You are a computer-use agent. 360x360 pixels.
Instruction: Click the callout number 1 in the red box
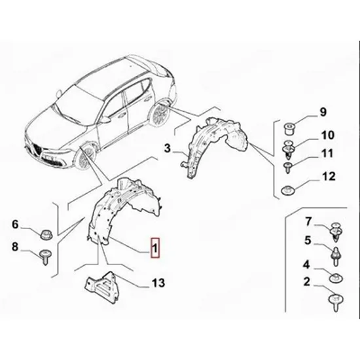click(x=155, y=248)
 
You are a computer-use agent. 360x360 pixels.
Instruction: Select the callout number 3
click(x=168, y=149)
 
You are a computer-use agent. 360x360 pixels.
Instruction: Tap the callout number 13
click(x=158, y=283)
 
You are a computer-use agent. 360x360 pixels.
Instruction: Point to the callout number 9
click(x=323, y=113)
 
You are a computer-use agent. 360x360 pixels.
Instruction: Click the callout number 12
click(x=329, y=176)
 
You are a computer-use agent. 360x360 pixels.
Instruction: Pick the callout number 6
click(x=15, y=224)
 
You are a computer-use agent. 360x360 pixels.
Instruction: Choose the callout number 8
click(x=15, y=247)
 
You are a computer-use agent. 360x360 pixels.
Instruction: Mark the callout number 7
click(x=308, y=221)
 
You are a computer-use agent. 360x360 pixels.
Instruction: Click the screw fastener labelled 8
click(x=45, y=257)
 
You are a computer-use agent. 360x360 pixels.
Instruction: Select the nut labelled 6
click(x=46, y=234)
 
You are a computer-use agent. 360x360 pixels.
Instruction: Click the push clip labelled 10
click(x=288, y=150)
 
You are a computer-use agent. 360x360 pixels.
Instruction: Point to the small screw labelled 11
click(x=287, y=168)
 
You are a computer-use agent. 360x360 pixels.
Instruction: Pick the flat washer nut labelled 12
click(x=287, y=190)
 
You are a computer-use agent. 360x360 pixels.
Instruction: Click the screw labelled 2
click(x=336, y=302)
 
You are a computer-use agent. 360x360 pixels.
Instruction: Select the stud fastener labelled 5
click(x=336, y=256)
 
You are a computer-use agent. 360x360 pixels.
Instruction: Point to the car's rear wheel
click(x=159, y=113)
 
